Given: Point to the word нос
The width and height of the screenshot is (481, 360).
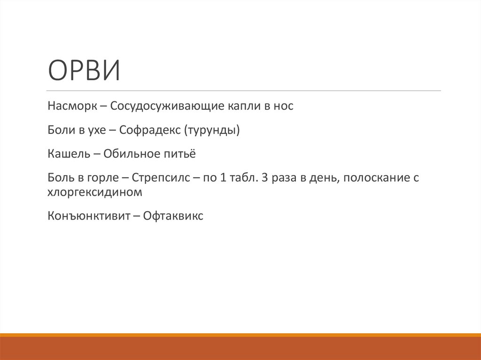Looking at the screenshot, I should (283, 106).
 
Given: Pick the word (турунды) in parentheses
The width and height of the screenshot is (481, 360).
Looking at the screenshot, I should (211, 130).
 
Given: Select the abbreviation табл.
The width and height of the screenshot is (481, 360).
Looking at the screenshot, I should (240, 178).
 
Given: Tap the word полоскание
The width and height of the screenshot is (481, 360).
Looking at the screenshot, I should (373, 178).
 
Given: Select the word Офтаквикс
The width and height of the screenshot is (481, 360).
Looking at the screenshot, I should (173, 216).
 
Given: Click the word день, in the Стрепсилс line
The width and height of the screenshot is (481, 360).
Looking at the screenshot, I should (321, 178).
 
